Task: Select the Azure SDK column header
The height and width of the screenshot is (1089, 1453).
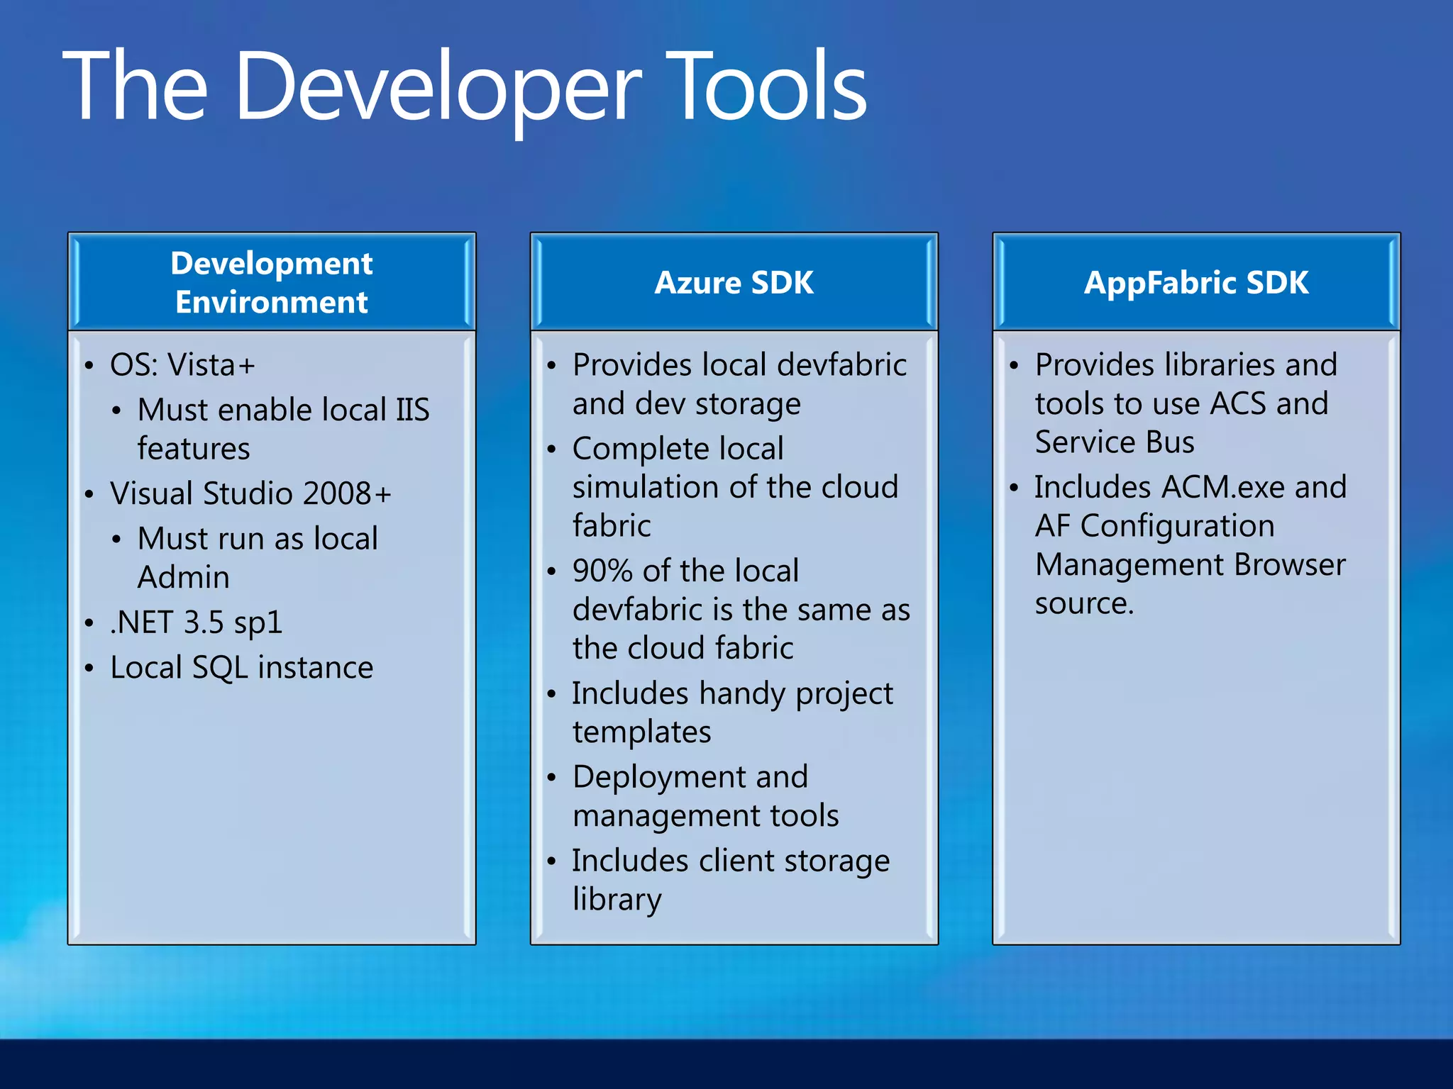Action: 734,283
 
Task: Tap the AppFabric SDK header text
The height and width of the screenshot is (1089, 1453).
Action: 1195,283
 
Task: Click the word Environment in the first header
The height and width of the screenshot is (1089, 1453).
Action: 271,303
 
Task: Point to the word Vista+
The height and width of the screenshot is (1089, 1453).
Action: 211,365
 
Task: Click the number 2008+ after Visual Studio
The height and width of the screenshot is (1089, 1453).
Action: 347,493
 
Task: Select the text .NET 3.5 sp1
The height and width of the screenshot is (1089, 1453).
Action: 196,622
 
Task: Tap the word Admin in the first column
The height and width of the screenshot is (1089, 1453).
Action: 183,577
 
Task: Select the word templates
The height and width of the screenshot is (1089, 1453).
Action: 641,732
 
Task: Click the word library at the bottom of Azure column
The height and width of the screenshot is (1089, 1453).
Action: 617,899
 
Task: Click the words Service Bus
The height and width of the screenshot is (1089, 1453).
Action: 1114,442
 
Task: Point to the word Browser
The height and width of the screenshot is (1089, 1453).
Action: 1289,565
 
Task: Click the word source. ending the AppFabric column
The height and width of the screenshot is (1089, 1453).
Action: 1083,603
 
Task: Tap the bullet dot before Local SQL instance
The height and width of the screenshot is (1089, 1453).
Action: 89,669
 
